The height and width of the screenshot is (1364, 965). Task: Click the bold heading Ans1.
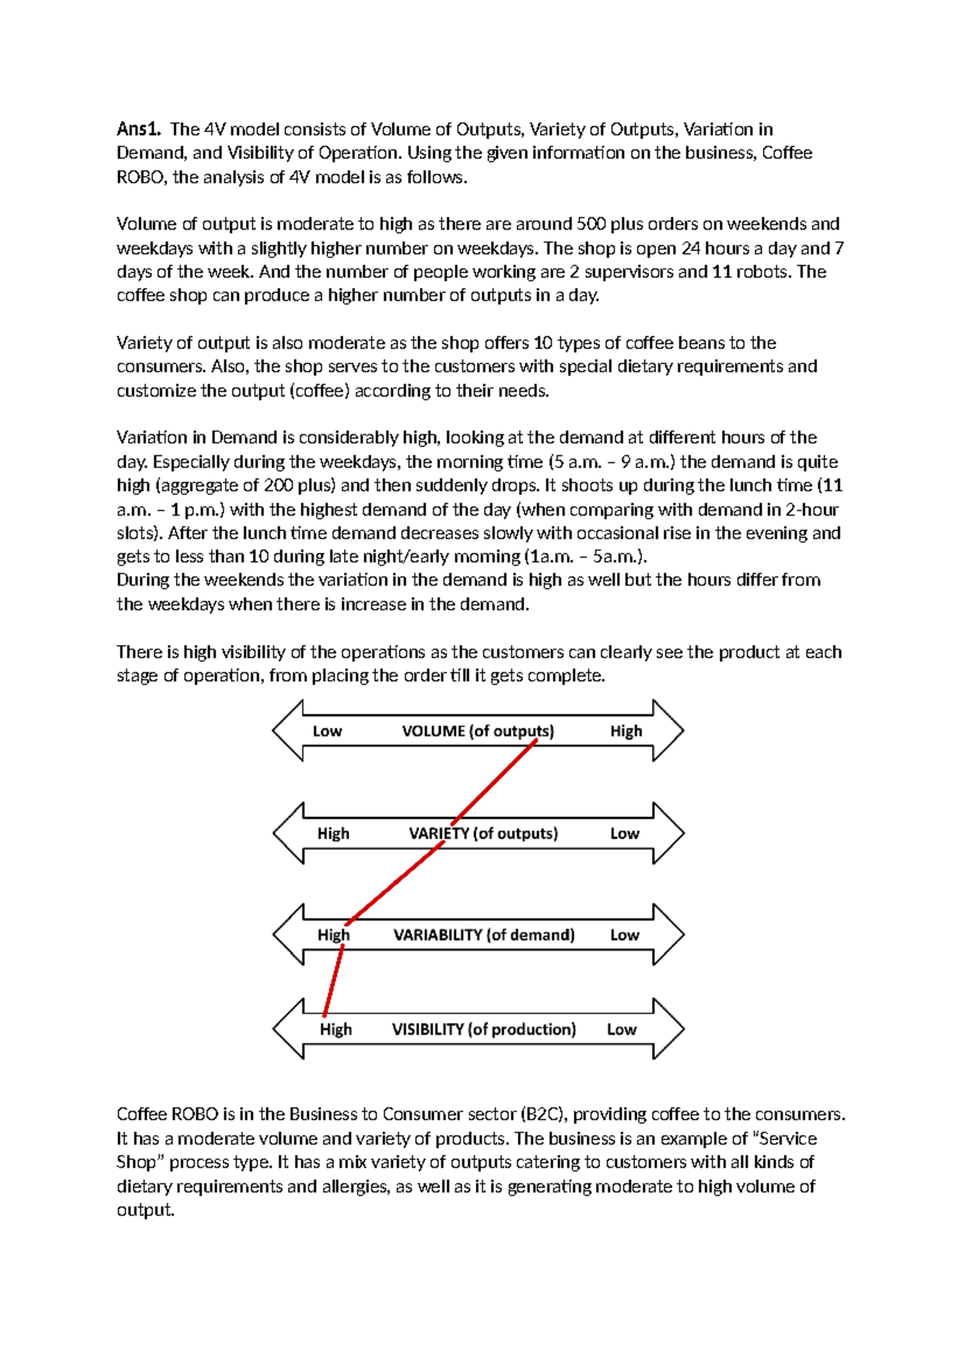(138, 129)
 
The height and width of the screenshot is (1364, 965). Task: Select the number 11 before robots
(721, 272)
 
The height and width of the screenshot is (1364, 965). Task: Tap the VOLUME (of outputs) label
(478, 731)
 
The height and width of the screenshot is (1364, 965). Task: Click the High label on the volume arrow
(626, 731)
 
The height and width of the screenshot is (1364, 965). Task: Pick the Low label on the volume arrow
(327, 731)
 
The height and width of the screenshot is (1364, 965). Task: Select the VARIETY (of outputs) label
(482, 833)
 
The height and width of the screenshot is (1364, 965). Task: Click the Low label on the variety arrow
(624, 833)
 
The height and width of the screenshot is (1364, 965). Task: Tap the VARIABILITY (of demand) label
(483, 935)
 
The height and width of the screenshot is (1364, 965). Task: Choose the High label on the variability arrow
(333, 935)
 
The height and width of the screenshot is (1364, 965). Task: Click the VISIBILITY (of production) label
(483, 1029)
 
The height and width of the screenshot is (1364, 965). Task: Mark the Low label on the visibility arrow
(621, 1029)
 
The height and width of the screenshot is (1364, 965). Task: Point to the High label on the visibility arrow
(335, 1029)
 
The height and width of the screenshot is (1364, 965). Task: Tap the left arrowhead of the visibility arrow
(288, 1029)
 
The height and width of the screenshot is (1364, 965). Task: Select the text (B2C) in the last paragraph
(544, 1115)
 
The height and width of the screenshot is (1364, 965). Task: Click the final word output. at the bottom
(146, 1210)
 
